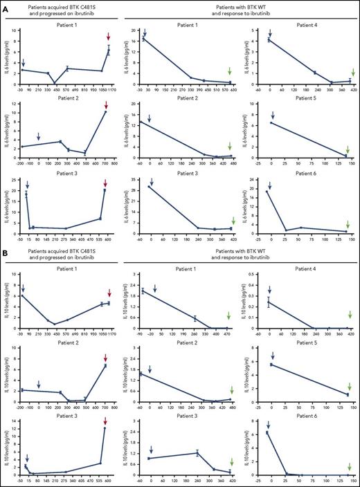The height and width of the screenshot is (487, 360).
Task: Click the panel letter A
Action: point(5,6)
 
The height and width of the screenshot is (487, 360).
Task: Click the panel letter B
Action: point(5,248)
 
